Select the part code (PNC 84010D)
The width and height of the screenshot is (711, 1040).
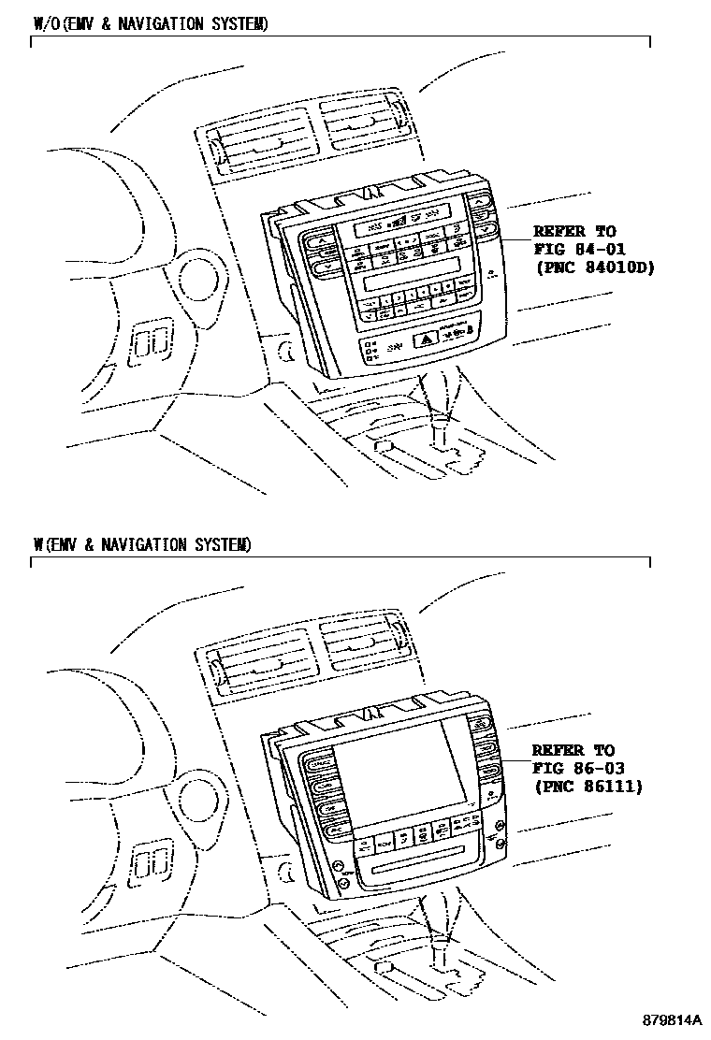[593, 267]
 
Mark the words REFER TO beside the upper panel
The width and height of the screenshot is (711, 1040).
[573, 231]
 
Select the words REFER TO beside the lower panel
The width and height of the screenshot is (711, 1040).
[573, 750]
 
